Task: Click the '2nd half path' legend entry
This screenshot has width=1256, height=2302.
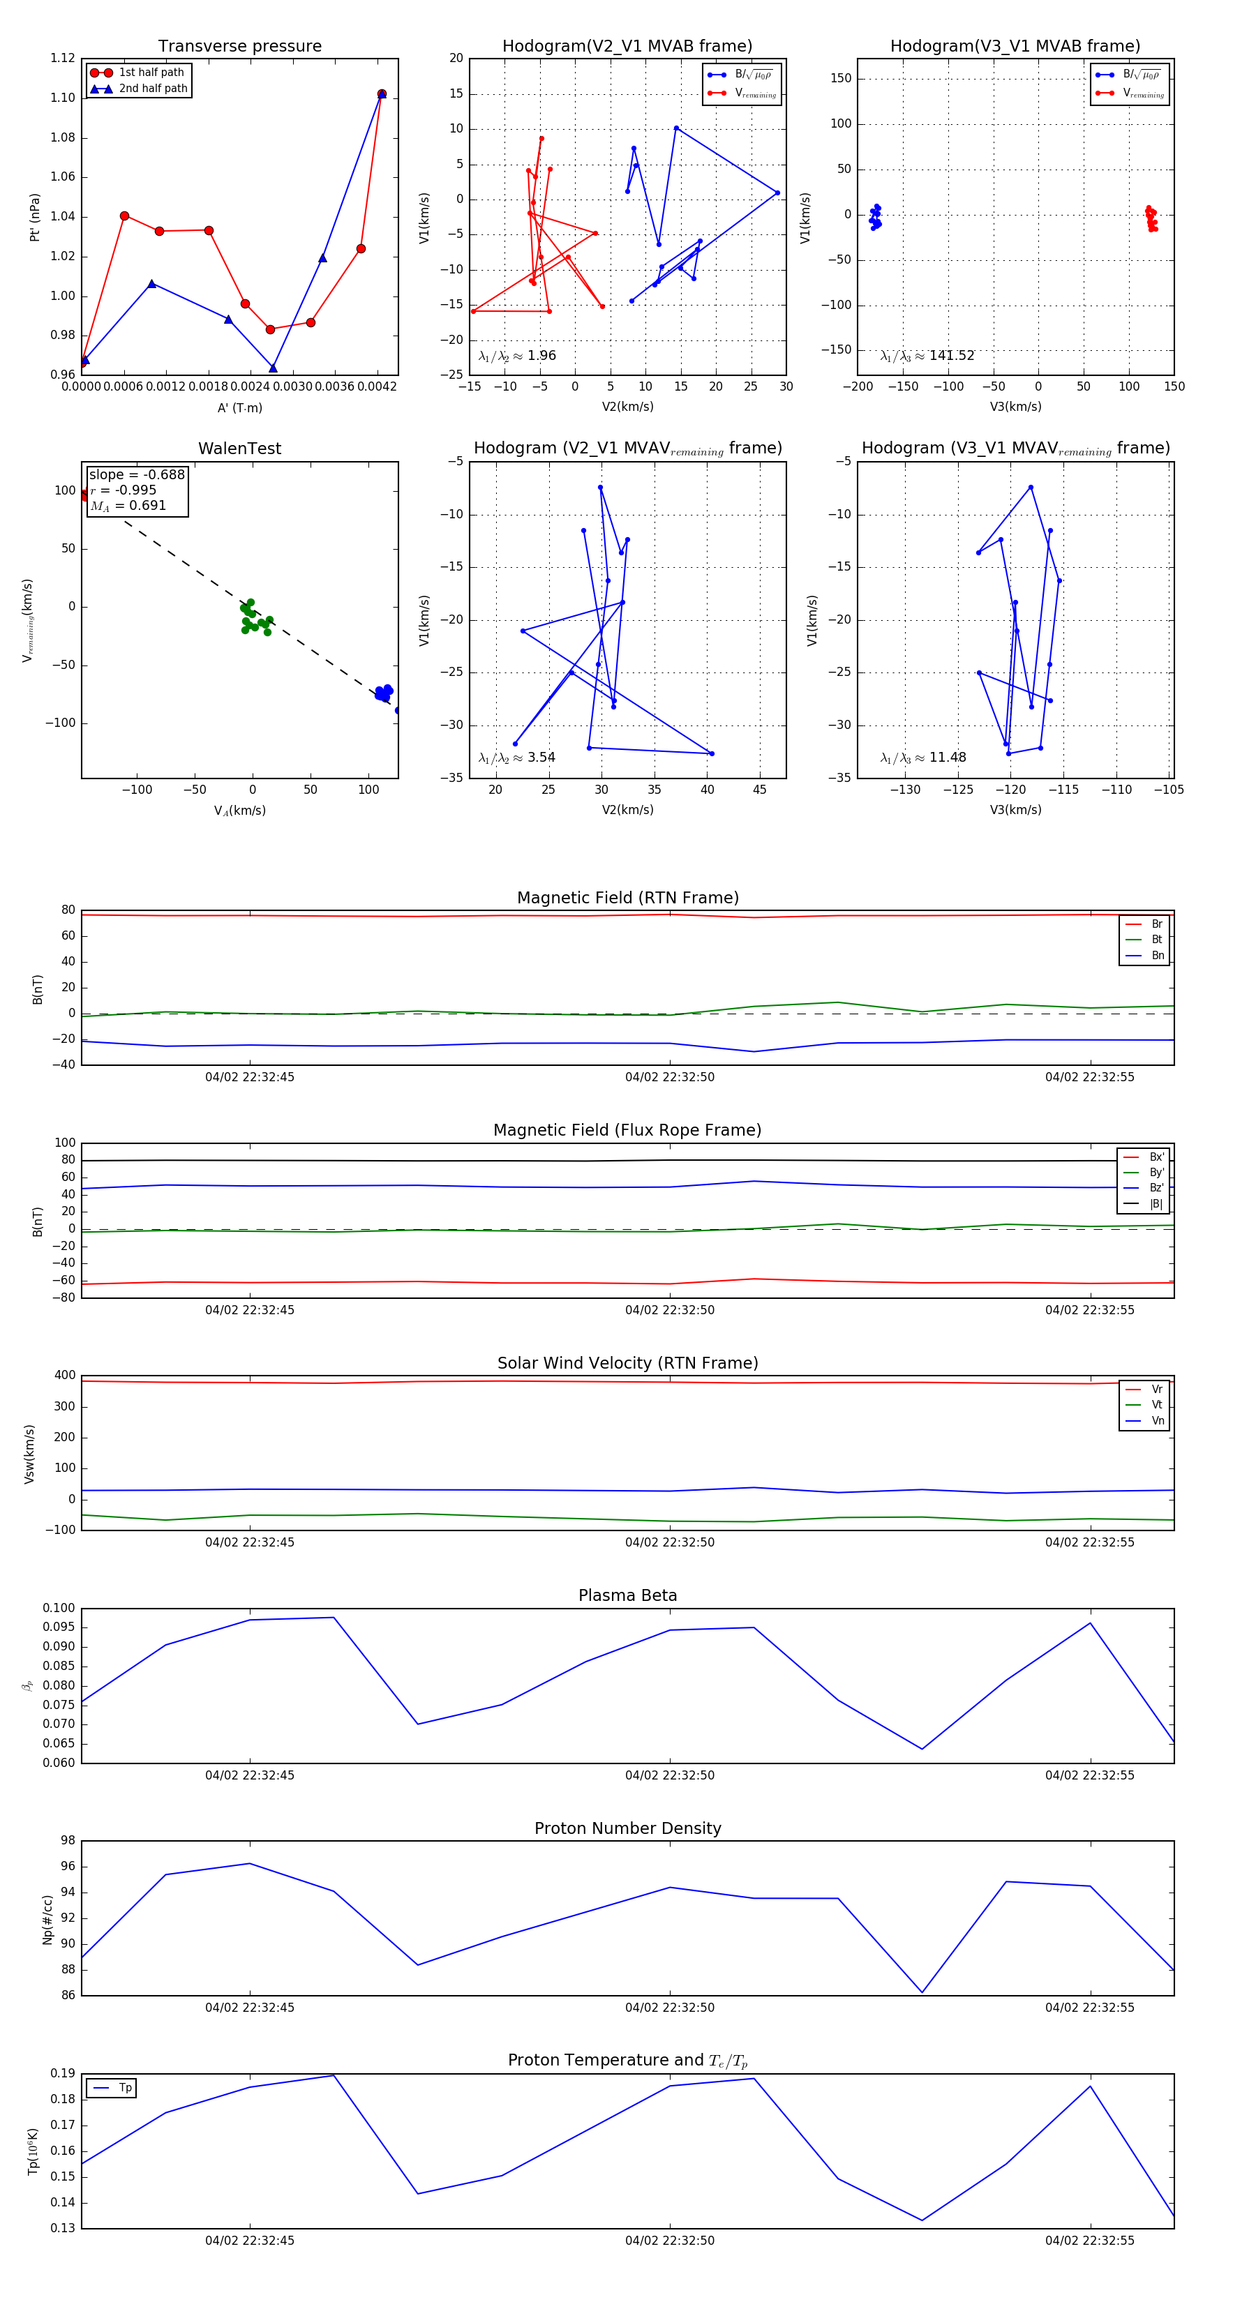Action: click(x=153, y=89)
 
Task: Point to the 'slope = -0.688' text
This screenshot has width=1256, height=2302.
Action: click(x=136, y=474)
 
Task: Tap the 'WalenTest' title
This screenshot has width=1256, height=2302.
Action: click(x=239, y=449)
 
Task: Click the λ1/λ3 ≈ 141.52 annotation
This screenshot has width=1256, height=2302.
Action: click(x=927, y=356)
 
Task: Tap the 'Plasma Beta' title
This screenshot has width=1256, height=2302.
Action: click(x=627, y=1596)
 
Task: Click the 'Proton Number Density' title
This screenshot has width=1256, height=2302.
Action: click(x=627, y=1828)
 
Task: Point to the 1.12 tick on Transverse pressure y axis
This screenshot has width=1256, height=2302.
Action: click(x=63, y=58)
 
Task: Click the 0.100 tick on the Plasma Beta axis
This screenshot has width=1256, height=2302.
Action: click(x=59, y=1608)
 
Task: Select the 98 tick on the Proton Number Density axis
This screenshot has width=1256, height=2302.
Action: click(x=68, y=1840)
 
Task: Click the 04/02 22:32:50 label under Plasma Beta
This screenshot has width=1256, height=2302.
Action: click(x=670, y=1775)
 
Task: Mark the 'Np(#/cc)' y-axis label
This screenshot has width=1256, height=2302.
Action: click(x=47, y=1920)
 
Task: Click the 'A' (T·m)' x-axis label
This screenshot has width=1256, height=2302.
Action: click(x=239, y=407)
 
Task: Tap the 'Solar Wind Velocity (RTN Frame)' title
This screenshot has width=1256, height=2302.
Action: click(x=627, y=1363)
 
